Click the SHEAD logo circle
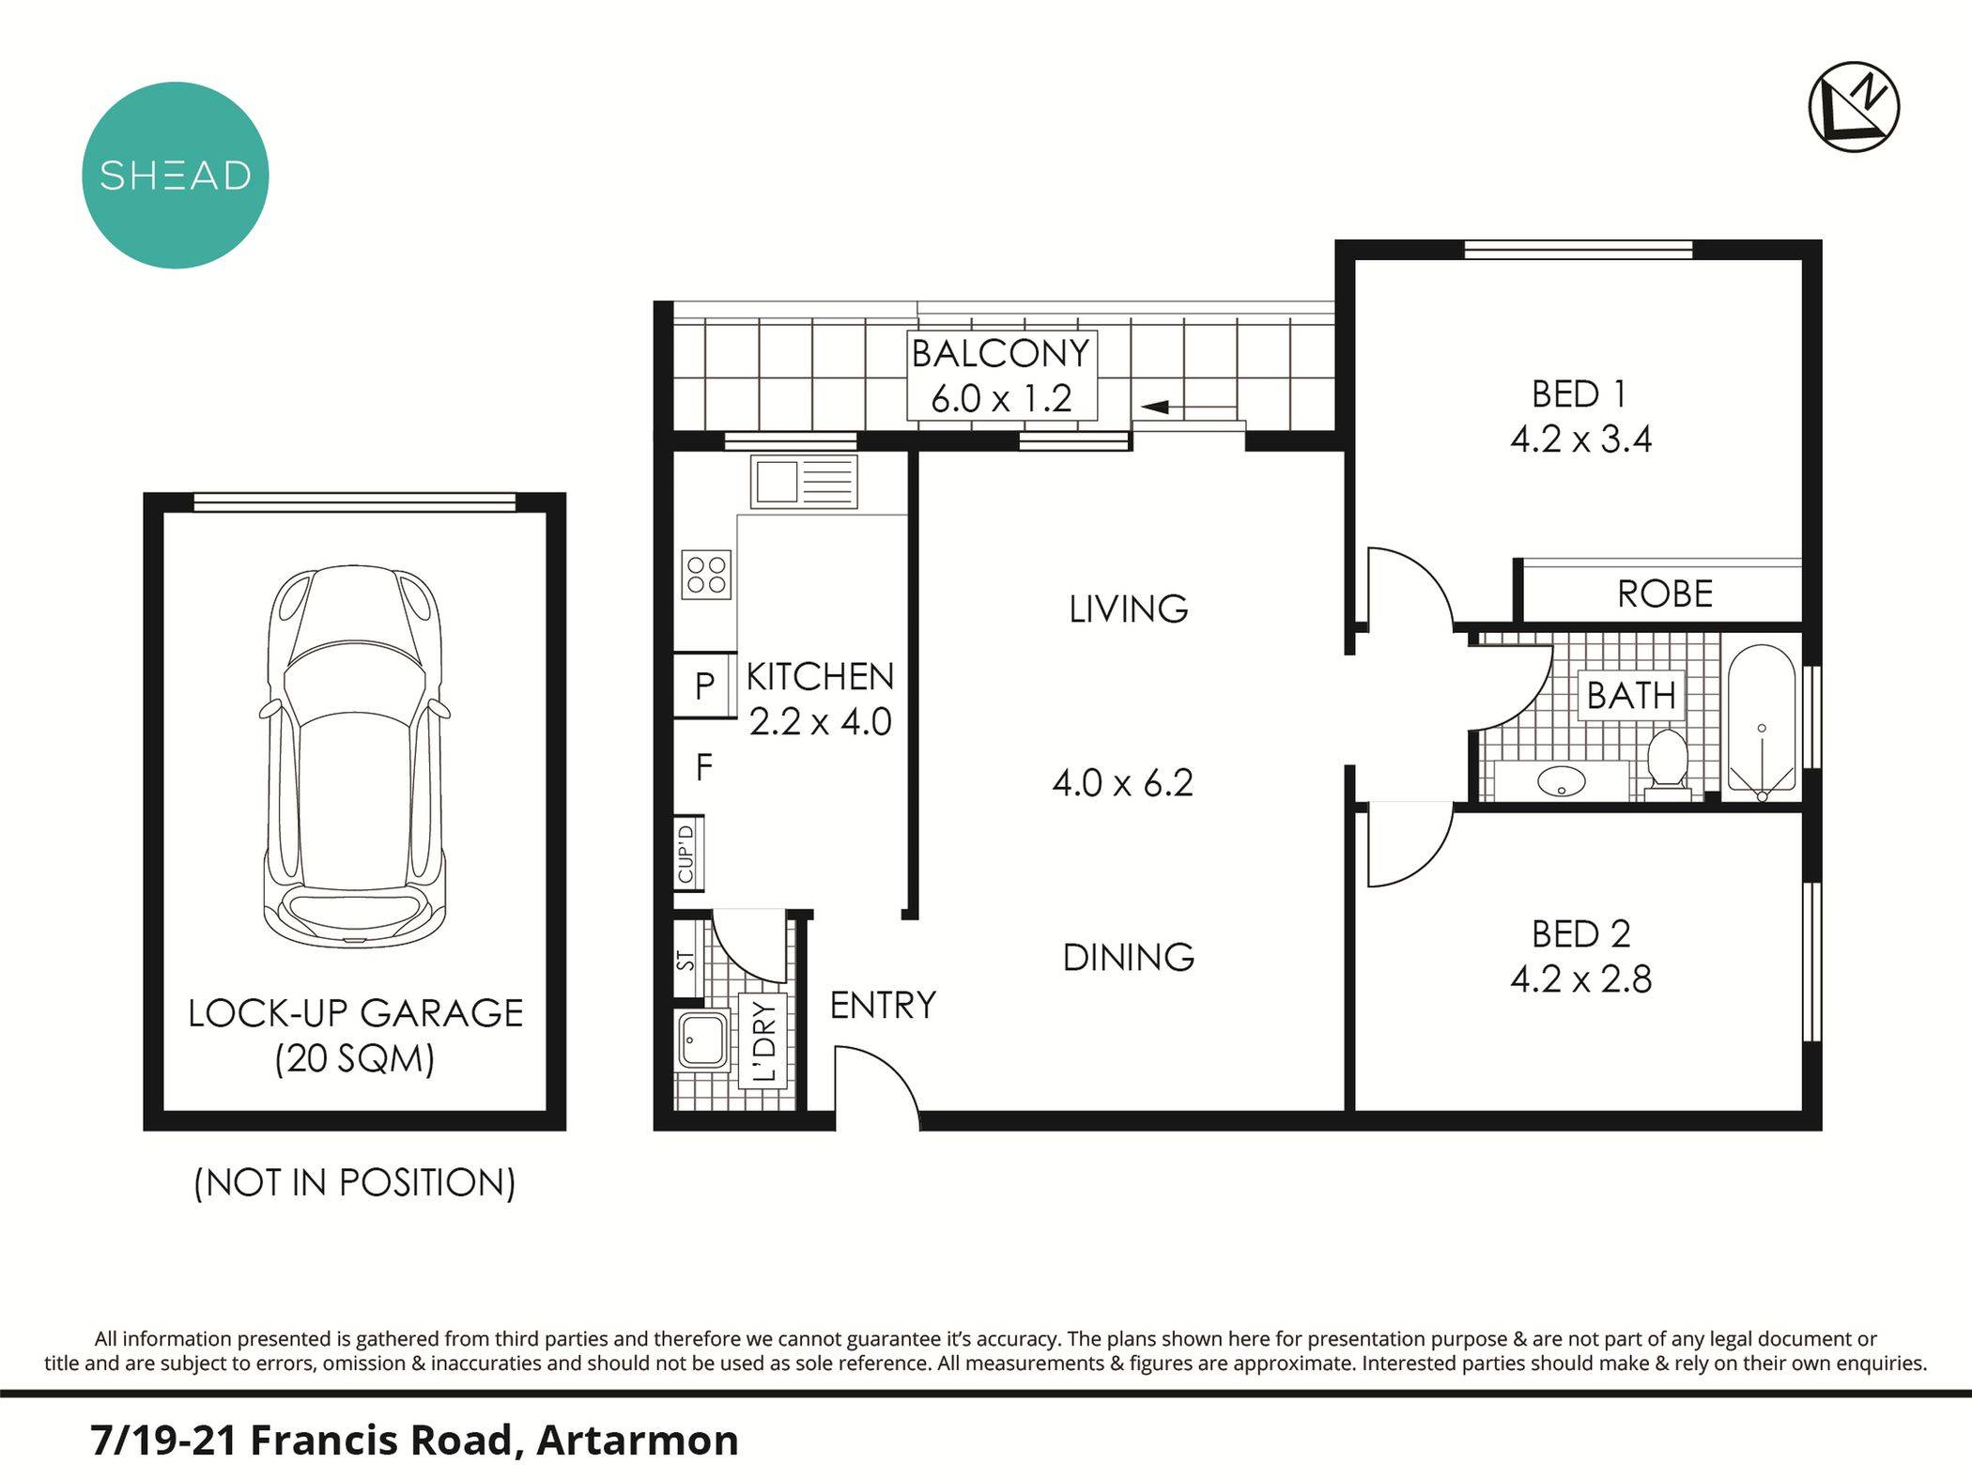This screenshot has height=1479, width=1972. [176, 176]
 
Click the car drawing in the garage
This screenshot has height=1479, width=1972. [355, 757]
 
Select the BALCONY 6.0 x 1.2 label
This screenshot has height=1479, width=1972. [1001, 376]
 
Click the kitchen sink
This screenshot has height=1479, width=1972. [803, 482]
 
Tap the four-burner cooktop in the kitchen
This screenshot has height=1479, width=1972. [706, 574]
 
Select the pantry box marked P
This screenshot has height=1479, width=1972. [704, 686]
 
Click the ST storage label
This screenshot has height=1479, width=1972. [686, 961]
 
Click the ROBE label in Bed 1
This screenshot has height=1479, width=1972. [1665, 593]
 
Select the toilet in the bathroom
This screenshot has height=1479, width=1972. [1668, 761]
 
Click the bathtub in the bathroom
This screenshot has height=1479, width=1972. [1762, 721]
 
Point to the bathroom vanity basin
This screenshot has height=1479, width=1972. [1563, 779]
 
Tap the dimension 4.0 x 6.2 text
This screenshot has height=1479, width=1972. [1122, 782]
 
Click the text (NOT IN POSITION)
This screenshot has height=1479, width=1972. [355, 1182]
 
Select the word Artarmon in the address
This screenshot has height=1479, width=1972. [637, 1441]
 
